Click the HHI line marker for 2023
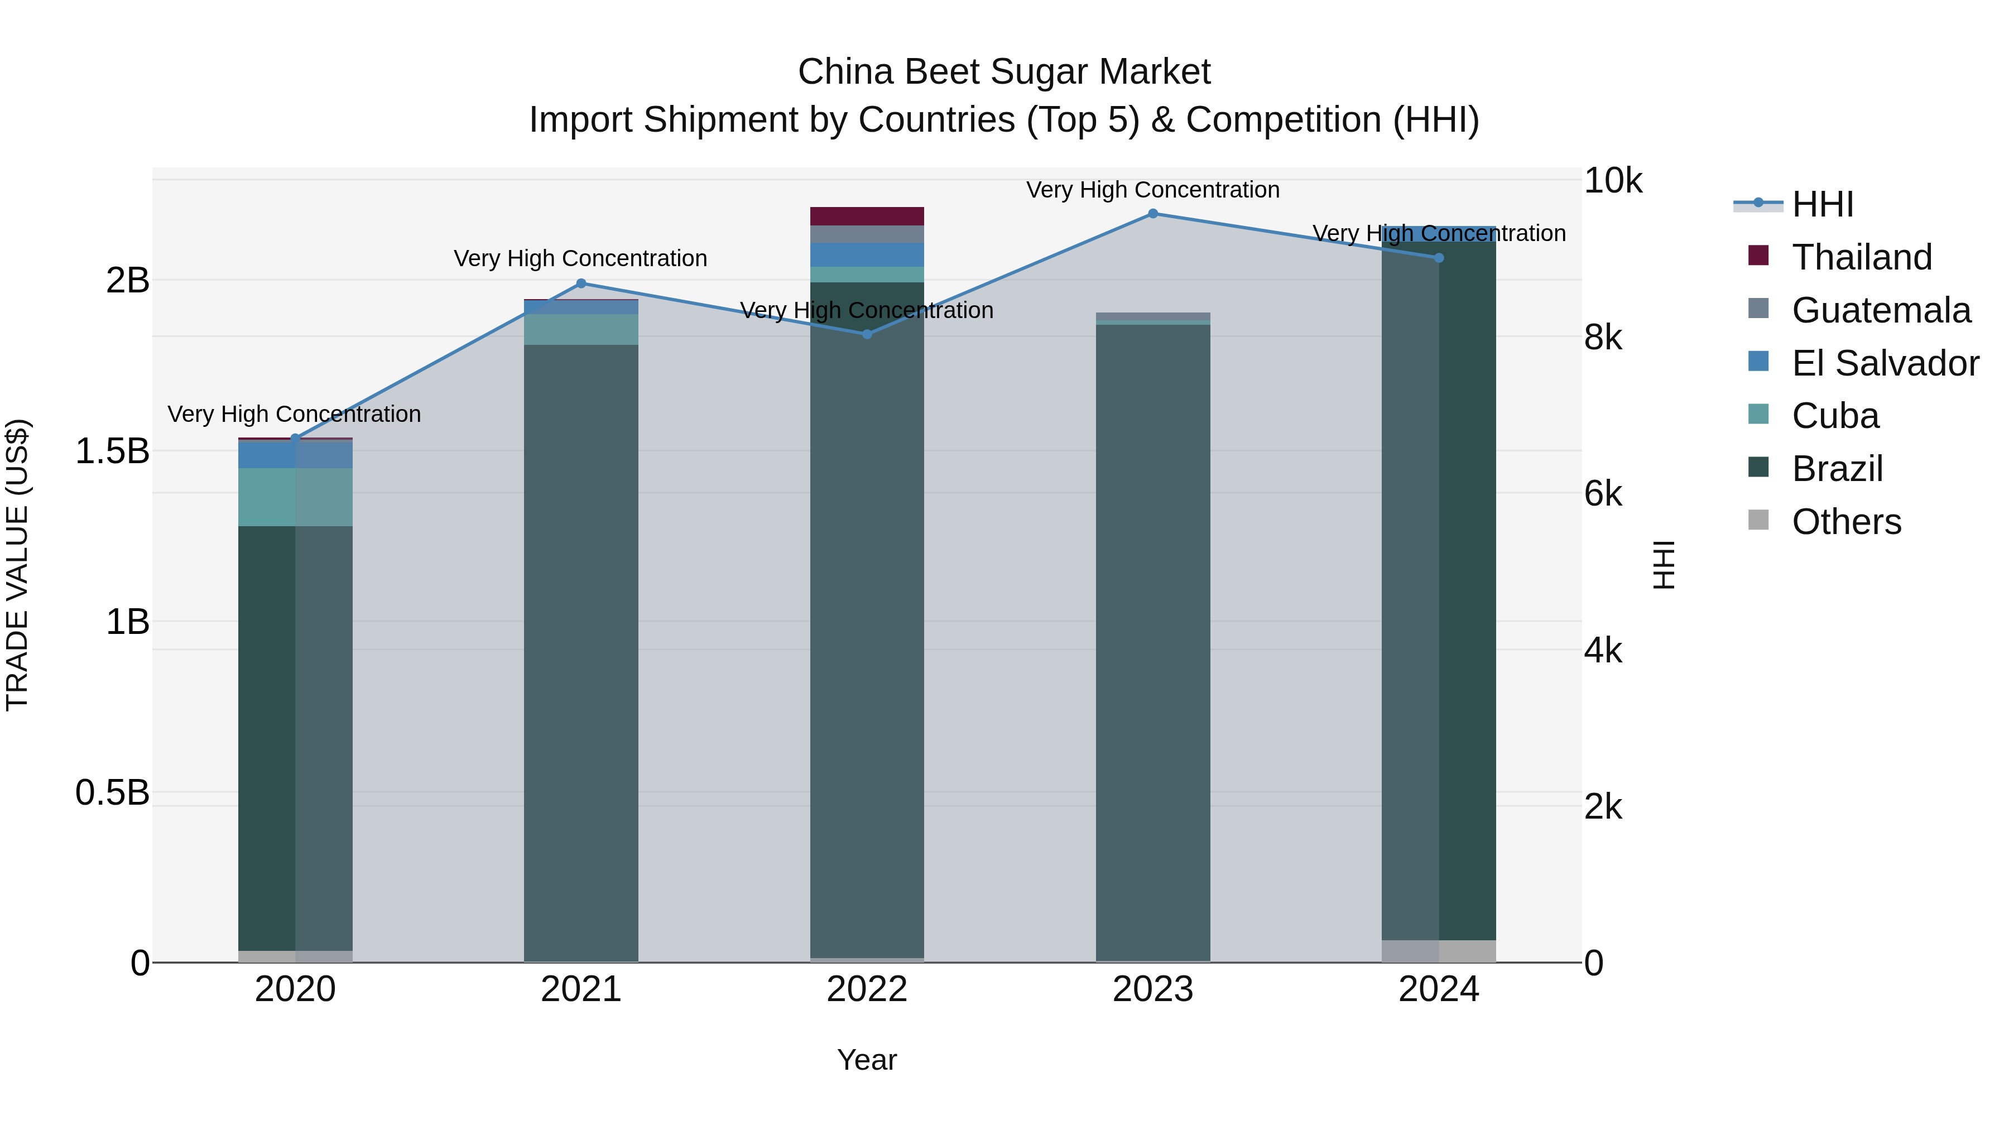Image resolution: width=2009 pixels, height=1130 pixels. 1153,214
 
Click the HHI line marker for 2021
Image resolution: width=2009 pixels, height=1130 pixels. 581,284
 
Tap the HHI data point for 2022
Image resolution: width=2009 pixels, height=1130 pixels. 867,335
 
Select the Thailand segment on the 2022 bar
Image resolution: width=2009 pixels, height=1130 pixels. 867,216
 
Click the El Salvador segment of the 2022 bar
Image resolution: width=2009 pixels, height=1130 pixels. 867,255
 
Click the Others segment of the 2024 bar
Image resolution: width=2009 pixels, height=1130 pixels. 1438,951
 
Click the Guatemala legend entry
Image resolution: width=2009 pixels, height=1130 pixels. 1880,310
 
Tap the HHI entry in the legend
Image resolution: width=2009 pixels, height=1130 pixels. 1822,204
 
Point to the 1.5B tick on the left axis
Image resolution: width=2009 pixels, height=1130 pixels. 112,451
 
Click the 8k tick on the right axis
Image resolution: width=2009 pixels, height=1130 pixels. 1603,338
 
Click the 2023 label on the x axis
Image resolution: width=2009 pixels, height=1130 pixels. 1153,989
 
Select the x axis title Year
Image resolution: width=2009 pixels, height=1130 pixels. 867,1060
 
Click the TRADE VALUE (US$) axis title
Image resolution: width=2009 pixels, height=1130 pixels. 18,565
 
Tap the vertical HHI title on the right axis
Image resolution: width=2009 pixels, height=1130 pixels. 1664,565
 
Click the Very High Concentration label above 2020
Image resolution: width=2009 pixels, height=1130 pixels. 294,414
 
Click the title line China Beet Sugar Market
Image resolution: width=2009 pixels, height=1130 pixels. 1004,72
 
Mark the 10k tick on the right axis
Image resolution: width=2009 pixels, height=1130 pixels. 1612,181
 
